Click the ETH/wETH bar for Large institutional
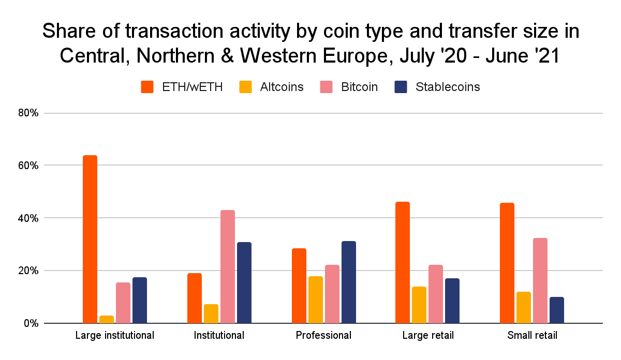tap(90, 239)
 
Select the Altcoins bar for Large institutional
tap(107, 319)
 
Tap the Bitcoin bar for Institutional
tap(228, 266)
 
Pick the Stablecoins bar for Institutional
tap(244, 282)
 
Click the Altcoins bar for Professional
tap(316, 299)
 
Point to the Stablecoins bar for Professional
tap(349, 282)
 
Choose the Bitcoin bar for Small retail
tap(540, 280)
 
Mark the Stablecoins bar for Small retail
tap(557, 310)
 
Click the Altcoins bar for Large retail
tap(419, 305)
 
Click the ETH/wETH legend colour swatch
tap(147, 87)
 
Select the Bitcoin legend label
tap(359, 87)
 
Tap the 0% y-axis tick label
tap(30, 323)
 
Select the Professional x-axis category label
tap(323, 335)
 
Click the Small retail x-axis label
tap(532, 335)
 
